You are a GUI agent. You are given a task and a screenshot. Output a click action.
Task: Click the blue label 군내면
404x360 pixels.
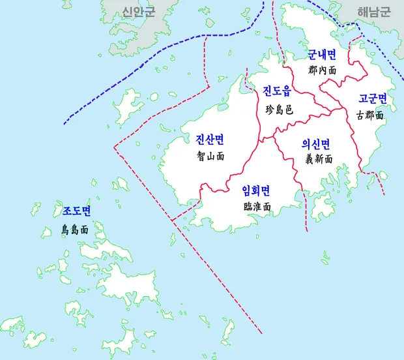322,55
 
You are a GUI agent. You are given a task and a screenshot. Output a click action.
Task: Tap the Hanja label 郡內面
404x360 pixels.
322,69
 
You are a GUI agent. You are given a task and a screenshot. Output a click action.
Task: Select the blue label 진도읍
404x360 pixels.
277,90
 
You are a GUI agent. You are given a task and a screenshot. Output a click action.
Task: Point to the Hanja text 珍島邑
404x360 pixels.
279,110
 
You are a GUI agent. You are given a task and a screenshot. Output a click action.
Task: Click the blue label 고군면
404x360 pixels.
373,98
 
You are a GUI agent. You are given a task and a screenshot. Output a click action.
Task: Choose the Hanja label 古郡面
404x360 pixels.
371,115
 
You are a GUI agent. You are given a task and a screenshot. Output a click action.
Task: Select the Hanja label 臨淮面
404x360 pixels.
257,206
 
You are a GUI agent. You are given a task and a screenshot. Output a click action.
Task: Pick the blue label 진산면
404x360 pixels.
210,139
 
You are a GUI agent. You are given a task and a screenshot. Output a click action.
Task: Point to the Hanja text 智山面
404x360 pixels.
210,157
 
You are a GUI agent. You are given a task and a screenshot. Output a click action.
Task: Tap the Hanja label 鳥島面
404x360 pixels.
74,230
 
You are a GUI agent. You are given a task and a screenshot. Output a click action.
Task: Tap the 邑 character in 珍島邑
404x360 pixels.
289,110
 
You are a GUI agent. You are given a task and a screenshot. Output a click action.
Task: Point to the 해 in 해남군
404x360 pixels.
360,12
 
